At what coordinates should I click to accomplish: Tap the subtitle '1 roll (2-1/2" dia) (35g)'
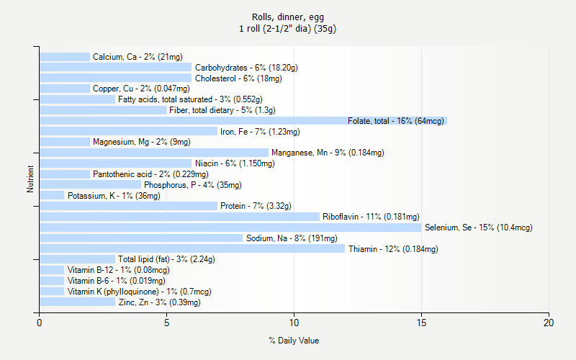point(288,29)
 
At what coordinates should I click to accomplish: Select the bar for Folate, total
point(243,121)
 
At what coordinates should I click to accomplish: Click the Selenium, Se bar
point(230,228)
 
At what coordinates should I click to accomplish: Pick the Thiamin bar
point(192,249)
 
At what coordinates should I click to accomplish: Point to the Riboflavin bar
point(179,217)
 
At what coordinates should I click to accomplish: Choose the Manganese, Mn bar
point(154,153)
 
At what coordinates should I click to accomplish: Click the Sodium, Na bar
point(141,238)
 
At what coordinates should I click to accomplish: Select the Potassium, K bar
point(52,196)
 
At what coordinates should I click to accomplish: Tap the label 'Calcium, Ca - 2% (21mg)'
point(138,57)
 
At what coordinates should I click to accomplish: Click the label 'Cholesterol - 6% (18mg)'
point(238,78)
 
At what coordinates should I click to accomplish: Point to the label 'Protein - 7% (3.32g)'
point(256,206)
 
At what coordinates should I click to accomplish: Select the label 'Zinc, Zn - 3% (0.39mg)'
point(159,302)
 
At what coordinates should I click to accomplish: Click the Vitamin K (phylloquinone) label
point(139,292)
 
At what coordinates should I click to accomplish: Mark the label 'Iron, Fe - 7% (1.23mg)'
point(260,132)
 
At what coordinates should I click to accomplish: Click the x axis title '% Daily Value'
point(294,341)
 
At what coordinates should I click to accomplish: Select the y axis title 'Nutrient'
point(30,179)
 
